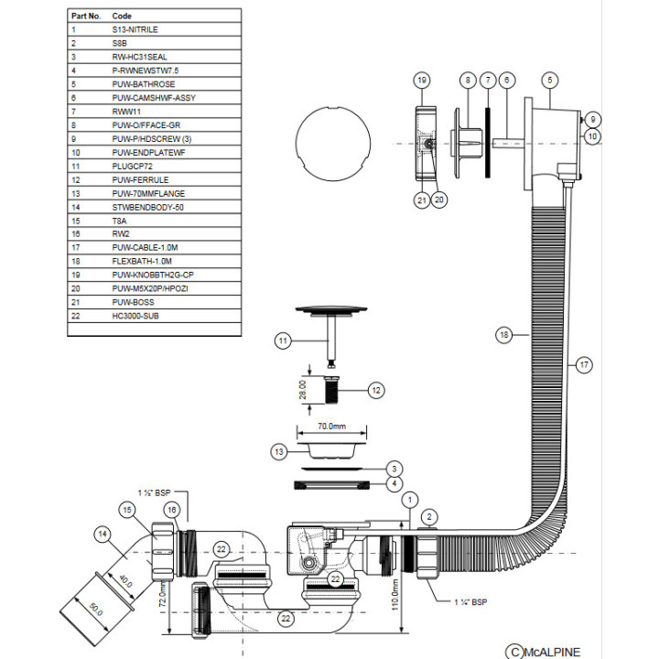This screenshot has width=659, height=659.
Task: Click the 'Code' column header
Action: click(122, 16)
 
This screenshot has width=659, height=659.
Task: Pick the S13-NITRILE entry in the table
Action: click(135, 29)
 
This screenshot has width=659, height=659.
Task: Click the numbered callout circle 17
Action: click(584, 364)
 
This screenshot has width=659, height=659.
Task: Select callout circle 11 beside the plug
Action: click(284, 341)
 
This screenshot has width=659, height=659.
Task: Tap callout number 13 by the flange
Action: click(279, 451)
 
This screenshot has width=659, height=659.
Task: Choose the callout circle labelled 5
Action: click(549, 81)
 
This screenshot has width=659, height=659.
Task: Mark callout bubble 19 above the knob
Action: click(422, 81)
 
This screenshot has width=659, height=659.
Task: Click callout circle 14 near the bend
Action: click(103, 534)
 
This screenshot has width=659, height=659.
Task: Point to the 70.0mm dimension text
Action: click(331, 427)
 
